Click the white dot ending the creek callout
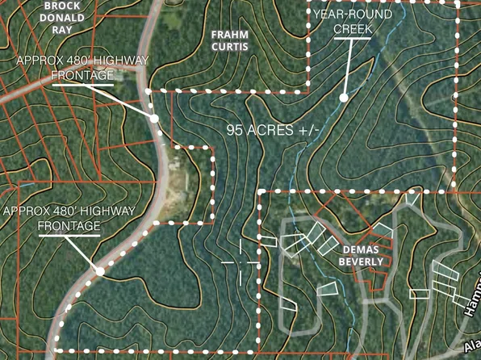(x=343, y=98)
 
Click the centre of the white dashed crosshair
(x=240, y=262)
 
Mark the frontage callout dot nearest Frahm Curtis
(x=154, y=118)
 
